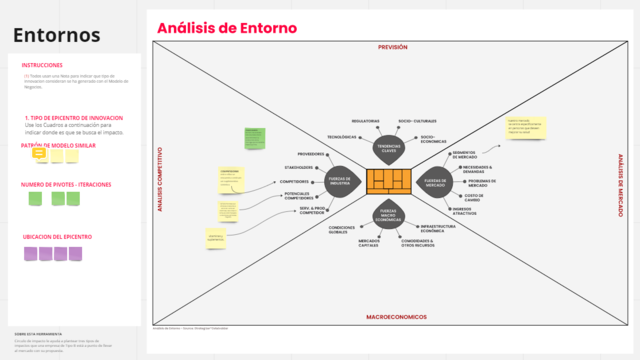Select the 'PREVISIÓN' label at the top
pyautogui.click(x=393, y=47)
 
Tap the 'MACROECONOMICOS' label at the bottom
pyautogui.click(x=396, y=316)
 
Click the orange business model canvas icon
pyautogui.click(x=390, y=181)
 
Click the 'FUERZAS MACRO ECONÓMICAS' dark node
pyautogui.click(x=390, y=214)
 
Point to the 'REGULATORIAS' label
pyautogui.click(x=365, y=121)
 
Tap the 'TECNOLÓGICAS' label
pyautogui.click(x=343, y=137)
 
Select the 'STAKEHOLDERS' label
pyautogui.click(x=299, y=167)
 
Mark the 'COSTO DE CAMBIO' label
pyautogui.click(x=474, y=198)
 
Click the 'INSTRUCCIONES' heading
pyautogui.click(x=42, y=66)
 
